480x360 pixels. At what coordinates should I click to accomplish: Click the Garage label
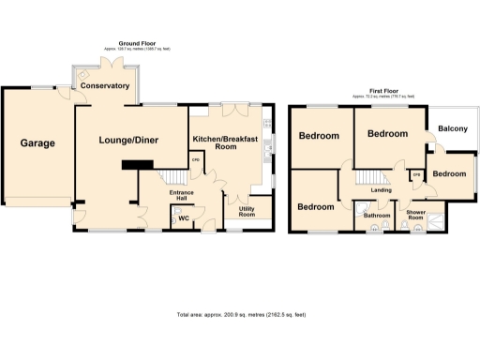click(38, 143)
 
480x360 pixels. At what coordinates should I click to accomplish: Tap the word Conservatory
click(105, 86)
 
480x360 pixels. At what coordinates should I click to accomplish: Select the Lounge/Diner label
click(129, 141)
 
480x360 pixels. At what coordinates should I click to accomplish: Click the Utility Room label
click(247, 212)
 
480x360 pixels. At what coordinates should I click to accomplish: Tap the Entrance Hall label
click(181, 196)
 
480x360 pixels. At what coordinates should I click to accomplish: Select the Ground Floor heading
click(136, 43)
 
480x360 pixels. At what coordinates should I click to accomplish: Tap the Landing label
click(382, 190)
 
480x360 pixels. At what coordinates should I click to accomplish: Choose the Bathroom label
click(377, 215)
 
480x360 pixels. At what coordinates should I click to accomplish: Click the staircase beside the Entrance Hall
click(172, 177)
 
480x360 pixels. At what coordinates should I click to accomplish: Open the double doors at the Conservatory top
click(112, 66)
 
